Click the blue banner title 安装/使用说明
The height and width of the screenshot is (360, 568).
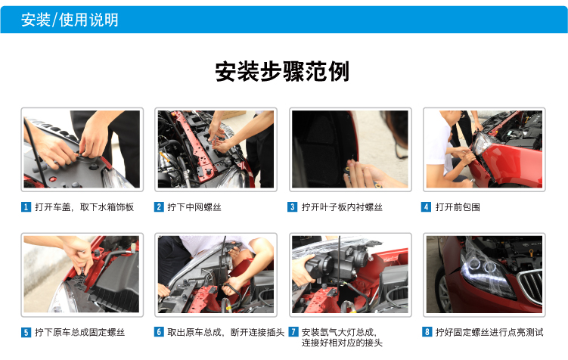(x=70, y=20)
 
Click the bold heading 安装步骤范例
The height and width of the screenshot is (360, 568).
(x=282, y=71)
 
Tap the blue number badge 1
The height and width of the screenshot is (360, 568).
(x=26, y=207)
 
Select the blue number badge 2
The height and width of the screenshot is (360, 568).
(x=159, y=207)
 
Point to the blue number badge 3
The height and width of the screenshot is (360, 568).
(x=293, y=207)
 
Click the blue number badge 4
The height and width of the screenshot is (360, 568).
(x=427, y=207)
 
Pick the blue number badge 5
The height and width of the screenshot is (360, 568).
(x=26, y=332)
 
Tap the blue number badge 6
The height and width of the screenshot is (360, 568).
(x=159, y=332)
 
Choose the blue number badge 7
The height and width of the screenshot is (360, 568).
(x=293, y=332)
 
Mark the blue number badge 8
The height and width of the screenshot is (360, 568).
(x=427, y=332)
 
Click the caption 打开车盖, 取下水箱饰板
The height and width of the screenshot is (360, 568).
(x=85, y=207)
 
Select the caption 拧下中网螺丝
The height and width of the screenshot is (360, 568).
(x=194, y=207)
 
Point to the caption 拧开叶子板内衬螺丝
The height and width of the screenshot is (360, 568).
(x=342, y=207)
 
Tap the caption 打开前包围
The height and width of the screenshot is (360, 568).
(x=458, y=207)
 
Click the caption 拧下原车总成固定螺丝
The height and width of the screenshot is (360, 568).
(x=79, y=332)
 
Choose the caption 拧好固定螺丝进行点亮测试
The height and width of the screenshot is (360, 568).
(x=489, y=332)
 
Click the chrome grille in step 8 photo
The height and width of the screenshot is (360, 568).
(x=531, y=286)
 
